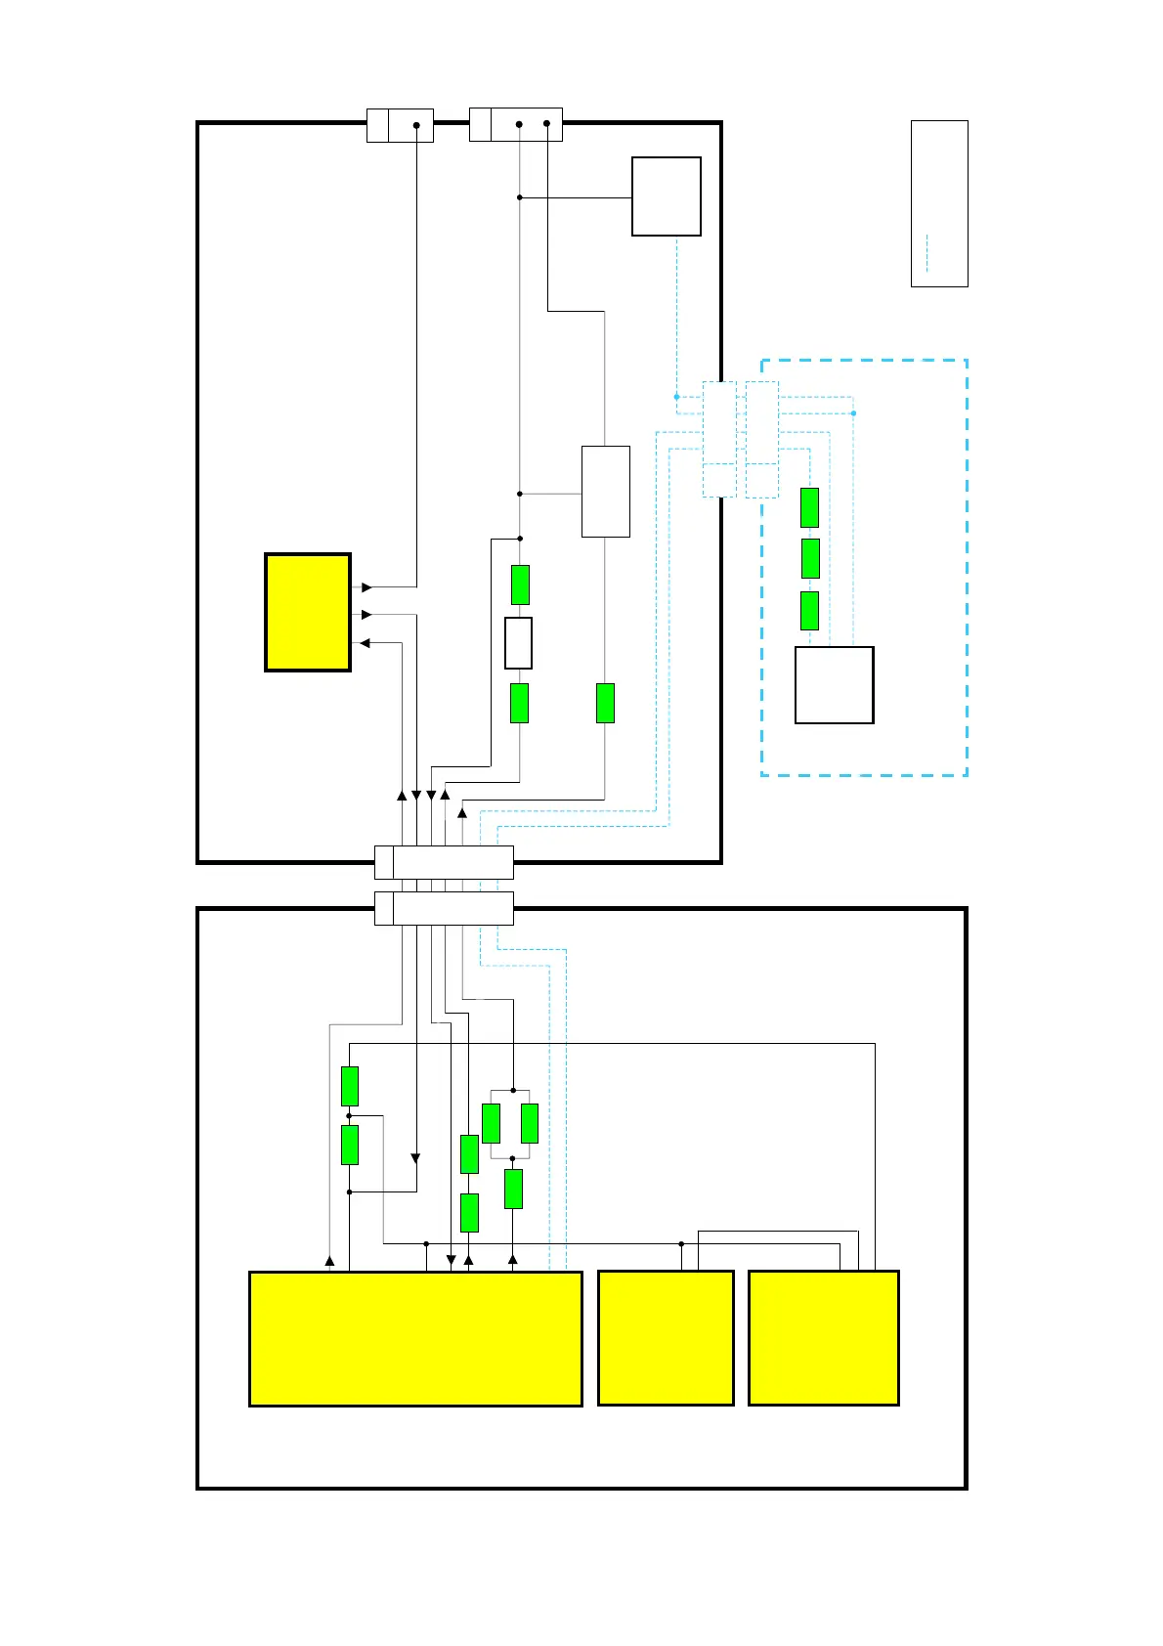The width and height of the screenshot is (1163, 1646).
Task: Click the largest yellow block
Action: [415, 1338]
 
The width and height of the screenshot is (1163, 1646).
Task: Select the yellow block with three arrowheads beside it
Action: [308, 612]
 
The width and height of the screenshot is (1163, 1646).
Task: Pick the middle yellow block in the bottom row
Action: [666, 1338]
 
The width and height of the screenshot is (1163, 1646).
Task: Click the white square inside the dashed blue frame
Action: [834, 684]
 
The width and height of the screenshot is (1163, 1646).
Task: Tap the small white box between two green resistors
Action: [518, 642]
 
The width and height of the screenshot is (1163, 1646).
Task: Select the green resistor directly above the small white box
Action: [520, 585]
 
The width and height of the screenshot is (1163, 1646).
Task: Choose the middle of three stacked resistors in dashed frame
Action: [809, 558]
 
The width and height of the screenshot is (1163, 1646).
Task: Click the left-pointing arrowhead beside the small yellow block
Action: [366, 643]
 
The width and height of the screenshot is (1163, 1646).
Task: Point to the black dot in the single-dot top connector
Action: [416, 125]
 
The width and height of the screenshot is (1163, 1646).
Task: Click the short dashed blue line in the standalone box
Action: [926, 253]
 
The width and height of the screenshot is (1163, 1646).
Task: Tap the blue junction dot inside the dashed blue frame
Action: [853, 413]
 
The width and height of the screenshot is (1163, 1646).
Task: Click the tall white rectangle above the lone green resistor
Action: [605, 492]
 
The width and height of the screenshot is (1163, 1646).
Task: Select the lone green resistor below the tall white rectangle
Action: [605, 703]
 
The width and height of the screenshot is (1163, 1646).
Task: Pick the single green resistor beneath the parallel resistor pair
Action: [513, 1189]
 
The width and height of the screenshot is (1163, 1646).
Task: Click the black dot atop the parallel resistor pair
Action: [513, 1090]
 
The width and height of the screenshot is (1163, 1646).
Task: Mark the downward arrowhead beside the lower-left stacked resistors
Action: [415, 1158]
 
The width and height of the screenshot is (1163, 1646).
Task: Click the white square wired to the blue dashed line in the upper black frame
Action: [667, 196]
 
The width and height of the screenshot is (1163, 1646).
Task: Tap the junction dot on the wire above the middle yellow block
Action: [681, 1243]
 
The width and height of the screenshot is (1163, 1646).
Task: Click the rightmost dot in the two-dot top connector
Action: [546, 124]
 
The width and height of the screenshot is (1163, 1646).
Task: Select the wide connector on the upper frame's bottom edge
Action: [444, 863]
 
